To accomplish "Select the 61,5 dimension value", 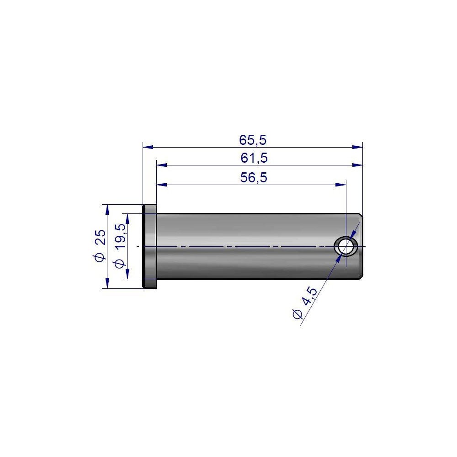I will [x=254, y=158].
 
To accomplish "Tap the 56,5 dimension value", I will [x=253, y=178].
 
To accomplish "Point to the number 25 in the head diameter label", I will [x=100, y=237].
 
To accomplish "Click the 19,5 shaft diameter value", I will [x=120, y=236].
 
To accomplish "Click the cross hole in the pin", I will [x=346, y=246].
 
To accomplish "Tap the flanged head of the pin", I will [x=150, y=246].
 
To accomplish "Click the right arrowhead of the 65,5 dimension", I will [x=357, y=147].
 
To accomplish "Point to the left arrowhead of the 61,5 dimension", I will [x=162, y=165].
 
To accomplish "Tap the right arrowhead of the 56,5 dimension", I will [x=341, y=185].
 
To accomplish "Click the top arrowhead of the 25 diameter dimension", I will [x=107, y=209].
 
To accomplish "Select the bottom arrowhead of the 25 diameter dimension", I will [x=107, y=283].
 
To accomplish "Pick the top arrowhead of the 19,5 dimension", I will [x=128, y=218].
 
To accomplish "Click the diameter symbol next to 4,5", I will [x=296, y=314].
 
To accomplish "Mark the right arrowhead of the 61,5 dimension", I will [x=357, y=165].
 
